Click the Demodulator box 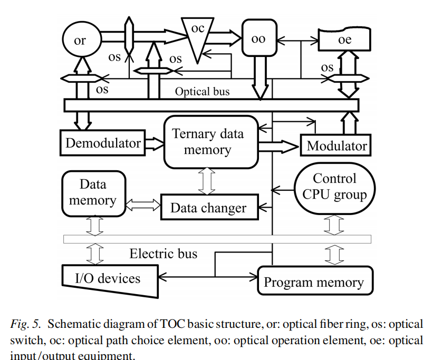pyautogui.click(x=103, y=143)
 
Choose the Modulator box pyautogui.click(x=336, y=145)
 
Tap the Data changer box pyautogui.click(x=208, y=207)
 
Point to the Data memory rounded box pyautogui.click(x=93, y=192)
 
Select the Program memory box pyautogui.click(x=314, y=282)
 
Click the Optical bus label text pyautogui.click(x=203, y=91)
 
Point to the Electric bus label pyautogui.click(x=163, y=254)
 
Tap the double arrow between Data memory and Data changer pyautogui.click(x=143, y=203)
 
